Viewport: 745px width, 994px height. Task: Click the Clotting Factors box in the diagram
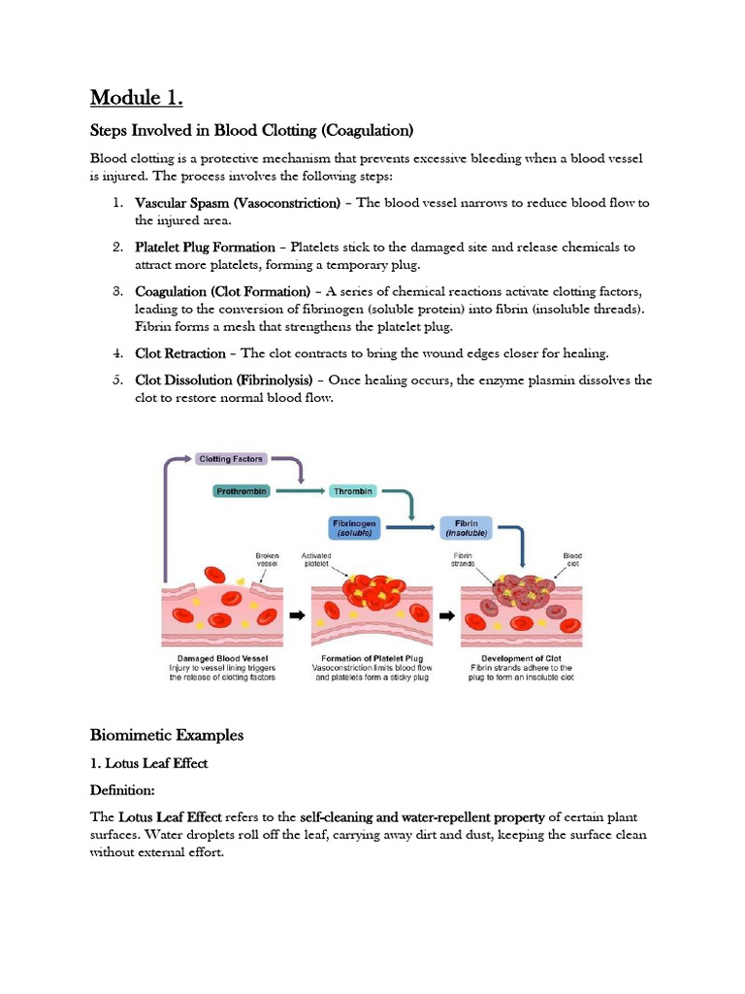coord(230,458)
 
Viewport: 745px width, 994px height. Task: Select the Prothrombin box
coord(241,492)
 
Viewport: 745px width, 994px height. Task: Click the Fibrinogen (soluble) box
coord(356,527)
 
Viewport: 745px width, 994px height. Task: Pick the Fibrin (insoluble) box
coord(467,527)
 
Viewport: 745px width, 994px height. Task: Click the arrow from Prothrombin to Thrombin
coord(301,492)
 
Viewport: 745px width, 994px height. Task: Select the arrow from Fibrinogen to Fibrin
coord(411,528)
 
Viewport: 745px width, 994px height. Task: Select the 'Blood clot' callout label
coord(572,560)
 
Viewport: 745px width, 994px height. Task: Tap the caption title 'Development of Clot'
coord(521,657)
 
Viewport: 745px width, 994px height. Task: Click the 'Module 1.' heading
coord(137,98)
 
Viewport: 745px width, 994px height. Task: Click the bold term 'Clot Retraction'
coord(180,353)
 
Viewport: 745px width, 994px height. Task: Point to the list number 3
coord(115,291)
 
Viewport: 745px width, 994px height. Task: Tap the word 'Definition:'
coord(125,790)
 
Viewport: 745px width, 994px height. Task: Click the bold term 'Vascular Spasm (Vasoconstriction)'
coord(238,203)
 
